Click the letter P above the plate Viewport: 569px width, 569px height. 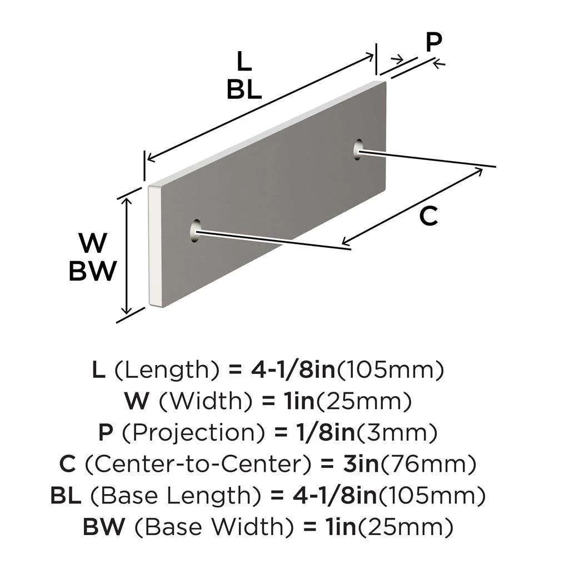[x=433, y=42]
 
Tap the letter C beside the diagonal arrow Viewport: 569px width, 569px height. [x=428, y=216]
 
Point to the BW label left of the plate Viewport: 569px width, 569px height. [x=93, y=271]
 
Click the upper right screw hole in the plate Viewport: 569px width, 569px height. [x=358, y=149]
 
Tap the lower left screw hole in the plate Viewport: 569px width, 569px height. [x=196, y=231]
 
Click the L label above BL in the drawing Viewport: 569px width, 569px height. [x=244, y=61]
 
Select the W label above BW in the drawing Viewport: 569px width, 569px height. [x=93, y=243]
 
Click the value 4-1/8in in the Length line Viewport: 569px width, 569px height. [x=293, y=370]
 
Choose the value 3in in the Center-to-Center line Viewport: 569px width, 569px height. [x=361, y=464]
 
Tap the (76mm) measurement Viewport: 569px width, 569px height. [x=427, y=464]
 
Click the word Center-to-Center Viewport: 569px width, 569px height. [x=198, y=464]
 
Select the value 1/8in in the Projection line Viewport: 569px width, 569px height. [x=326, y=432]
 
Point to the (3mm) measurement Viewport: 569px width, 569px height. [x=396, y=432]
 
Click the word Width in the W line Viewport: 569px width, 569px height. [x=206, y=401]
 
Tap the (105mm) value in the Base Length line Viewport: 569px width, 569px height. [x=432, y=496]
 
